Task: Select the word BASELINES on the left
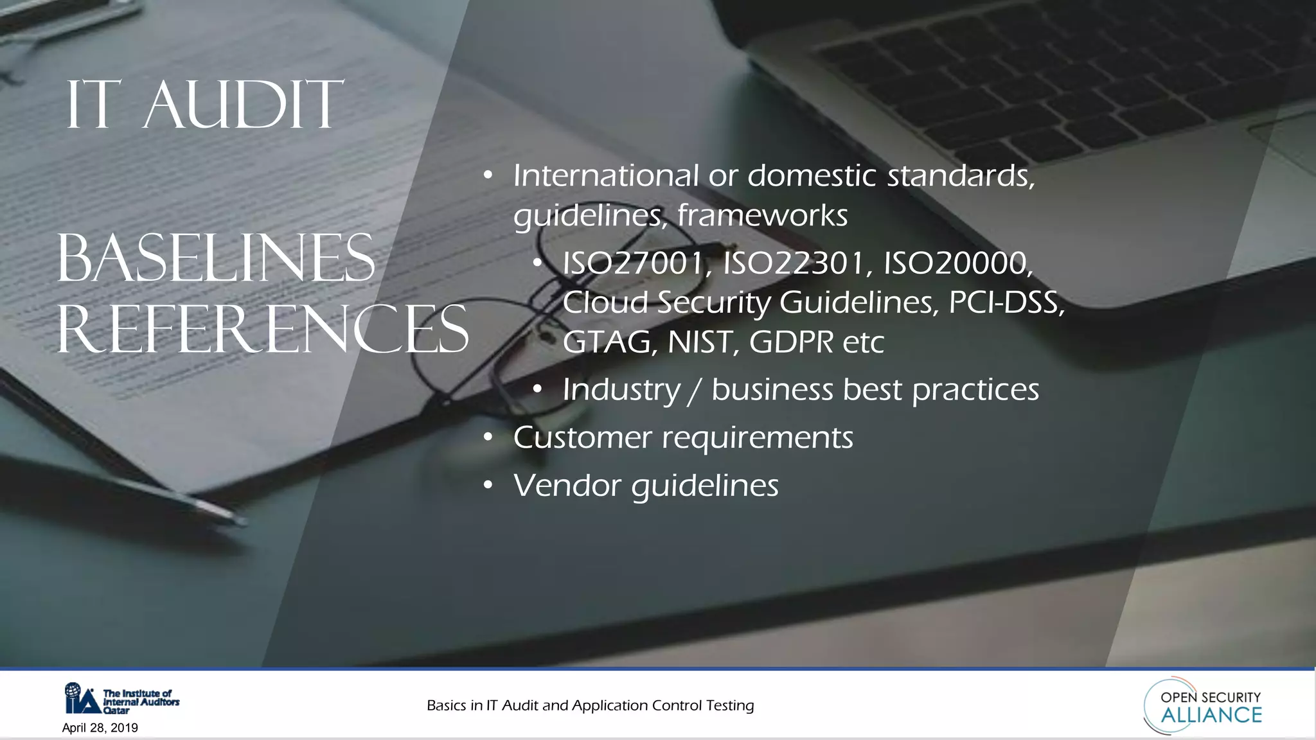pos(216,259)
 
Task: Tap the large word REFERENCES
pos(263,330)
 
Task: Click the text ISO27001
pos(633,263)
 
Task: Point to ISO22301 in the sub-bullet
pos(794,263)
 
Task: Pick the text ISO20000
pos(957,263)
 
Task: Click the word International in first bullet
pos(605,175)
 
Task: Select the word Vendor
pos(567,486)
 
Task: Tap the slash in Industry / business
pos(695,391)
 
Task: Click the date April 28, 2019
pos(100,728)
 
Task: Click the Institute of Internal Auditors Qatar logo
pos(121,699)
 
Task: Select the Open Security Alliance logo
pos(1204,706)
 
